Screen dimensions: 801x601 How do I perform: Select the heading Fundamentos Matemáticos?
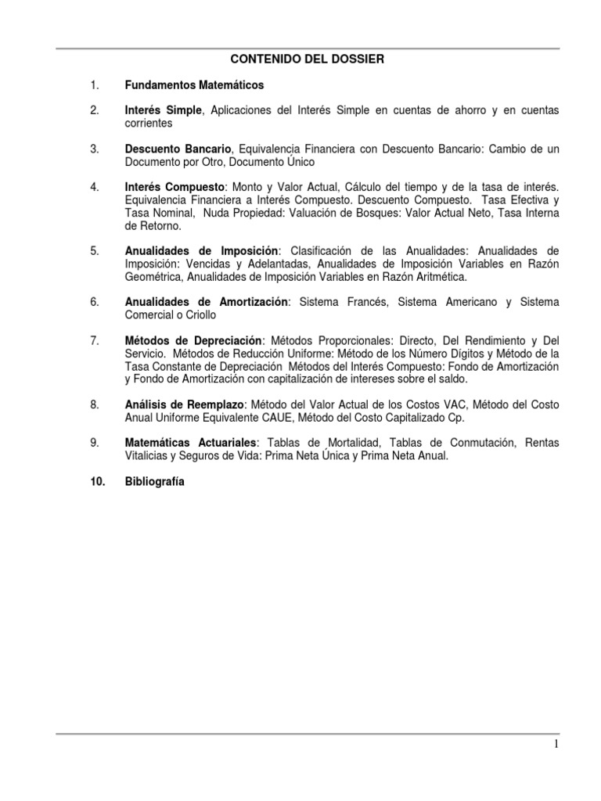pos(194,84)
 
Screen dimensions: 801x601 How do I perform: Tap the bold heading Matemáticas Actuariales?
pos(191,443)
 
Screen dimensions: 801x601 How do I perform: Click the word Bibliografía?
pos(154,482)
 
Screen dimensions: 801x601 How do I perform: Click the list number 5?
pos(94,250)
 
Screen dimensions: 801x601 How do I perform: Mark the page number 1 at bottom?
pos(556,745)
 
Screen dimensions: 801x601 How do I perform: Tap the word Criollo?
pos(199,314)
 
